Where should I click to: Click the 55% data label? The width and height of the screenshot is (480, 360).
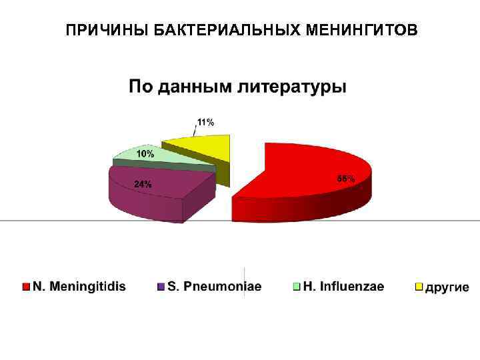[x=345, y=179]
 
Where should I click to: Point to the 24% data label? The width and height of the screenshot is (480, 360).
[x=143, y=184]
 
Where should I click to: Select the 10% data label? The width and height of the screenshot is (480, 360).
[x=145, y=153]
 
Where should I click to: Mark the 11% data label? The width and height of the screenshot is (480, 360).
[x=205, y=122]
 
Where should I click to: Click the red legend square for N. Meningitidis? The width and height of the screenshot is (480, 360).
[x=26, y=287]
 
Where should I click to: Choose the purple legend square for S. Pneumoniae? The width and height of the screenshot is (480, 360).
[x=161, y=287]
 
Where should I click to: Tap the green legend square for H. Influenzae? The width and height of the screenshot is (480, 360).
[x=296, y=287]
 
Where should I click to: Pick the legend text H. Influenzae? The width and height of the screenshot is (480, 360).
[x=344, y=287]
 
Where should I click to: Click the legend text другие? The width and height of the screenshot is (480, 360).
[x=447, y=287]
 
